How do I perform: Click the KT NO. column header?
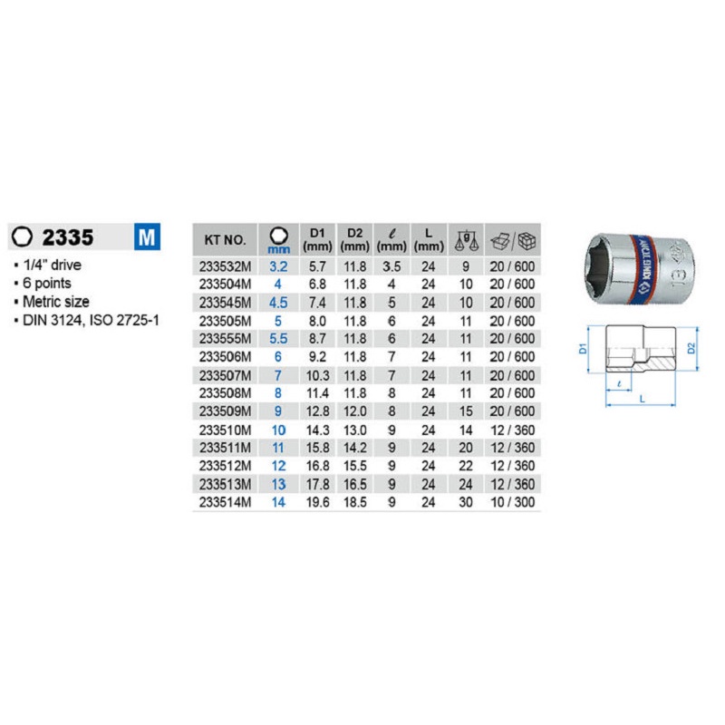[x=225, y=240]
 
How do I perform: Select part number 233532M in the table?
[x=225, y=266]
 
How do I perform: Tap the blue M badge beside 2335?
[x=147, y=237]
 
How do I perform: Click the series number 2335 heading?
[x=68, y=237]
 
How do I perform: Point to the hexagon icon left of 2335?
[x=22, y=237]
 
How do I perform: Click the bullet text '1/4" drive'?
[x=52, y=265]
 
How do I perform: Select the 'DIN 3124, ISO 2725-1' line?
[x=91, y=320]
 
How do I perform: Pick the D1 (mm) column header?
[x=318, y=239]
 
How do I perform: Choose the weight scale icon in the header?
[x=466, y=240]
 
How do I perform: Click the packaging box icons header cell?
[x=513, y=240]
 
